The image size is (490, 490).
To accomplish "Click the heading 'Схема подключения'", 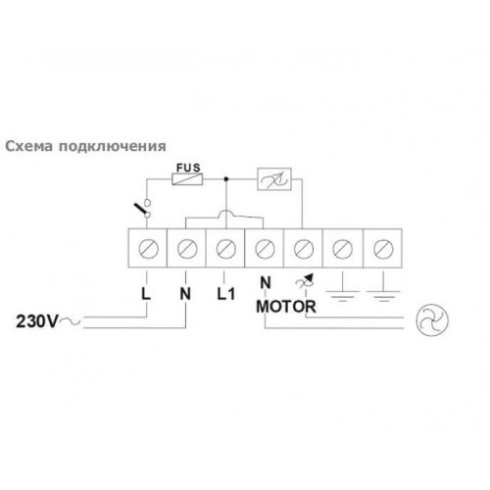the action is tap(86, 146).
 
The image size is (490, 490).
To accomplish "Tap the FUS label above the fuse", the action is tap(188, 168).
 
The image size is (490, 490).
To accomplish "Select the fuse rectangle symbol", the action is tap(187, 179).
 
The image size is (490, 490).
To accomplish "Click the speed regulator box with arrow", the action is tap(274, 179).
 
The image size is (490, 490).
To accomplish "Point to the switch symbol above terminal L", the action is tap(143, 208).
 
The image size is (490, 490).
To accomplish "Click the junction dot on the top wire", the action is tap(225, 179).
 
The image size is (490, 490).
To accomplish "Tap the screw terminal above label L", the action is tap(149, 249).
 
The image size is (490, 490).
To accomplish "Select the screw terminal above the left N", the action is tap(187, 249).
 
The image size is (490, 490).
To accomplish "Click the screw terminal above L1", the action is tap(226, 249).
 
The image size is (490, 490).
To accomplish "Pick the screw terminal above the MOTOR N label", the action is tap(265, 249).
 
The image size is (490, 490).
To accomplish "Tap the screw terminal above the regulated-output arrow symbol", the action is tap(304, 249).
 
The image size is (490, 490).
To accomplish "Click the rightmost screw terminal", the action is tap(383, 249).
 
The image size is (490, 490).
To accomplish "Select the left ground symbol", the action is tap(342, 292).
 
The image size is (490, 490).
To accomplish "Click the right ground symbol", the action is tap(383, 292).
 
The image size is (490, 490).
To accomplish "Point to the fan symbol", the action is tap(432, 320).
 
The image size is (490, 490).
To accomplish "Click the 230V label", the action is tap(37, 321).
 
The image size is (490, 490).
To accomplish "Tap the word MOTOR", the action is tap(286, 307).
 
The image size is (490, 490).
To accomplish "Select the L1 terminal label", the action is tap(226, 294).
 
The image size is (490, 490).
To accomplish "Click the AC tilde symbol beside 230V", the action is tap(70, 321).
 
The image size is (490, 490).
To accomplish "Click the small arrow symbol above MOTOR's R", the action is tap(305, 280).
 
